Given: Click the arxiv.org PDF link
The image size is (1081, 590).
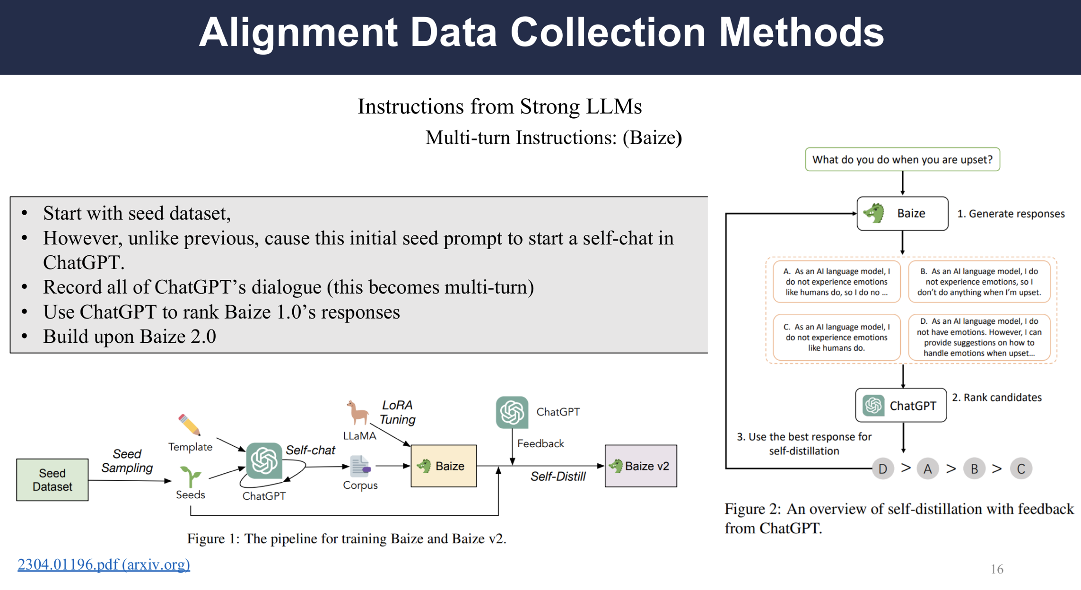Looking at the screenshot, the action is [x=104, y=564].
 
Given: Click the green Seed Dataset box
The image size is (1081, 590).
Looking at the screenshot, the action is [x=52, y=479].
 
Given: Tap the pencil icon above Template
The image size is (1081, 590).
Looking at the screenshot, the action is [x=189, y=425].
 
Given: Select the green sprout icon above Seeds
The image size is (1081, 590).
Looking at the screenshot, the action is [x=191, y=477].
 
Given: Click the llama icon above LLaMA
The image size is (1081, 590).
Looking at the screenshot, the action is [x=357, y=413].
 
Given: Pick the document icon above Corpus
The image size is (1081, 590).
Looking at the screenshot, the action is [x=360, y=466].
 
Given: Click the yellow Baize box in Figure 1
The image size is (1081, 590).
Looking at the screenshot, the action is [x=444, y=466].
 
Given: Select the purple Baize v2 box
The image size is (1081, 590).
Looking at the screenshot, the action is [x=641, y=466].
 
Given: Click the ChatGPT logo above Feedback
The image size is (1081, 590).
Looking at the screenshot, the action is [x=512, y=412].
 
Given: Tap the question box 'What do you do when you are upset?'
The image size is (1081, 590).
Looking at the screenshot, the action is [x=902, y=159].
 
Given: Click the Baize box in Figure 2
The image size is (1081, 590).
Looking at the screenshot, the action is [x=902, y=214].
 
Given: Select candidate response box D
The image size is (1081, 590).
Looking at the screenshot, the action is [x=979, y=337].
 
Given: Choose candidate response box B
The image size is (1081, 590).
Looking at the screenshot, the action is [x=979, y=282].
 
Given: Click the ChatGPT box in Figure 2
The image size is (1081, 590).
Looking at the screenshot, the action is [x=901, y=405].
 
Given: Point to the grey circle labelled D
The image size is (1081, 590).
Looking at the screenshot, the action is [x=883, y=469].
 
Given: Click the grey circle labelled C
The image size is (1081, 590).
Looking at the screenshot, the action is [x=1021, y=469].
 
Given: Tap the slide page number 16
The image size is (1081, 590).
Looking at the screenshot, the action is [x=997, y=569].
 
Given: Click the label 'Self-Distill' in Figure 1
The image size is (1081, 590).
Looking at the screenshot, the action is [x=558, y=477].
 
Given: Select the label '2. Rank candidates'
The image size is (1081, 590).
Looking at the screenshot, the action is [x=997, y=398].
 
